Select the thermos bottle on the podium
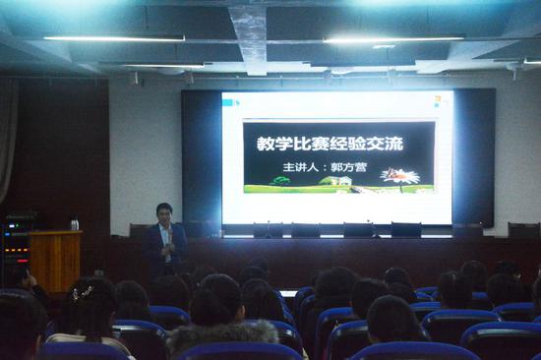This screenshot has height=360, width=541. [74, 224]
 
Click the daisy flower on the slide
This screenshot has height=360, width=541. [400, 177]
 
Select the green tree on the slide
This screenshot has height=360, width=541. [282, 181]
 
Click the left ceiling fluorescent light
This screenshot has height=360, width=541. [113, 38]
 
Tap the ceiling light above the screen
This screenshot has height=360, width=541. [393, 40]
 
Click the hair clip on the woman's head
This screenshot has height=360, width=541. [83, 291]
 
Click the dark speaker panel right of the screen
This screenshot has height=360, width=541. [474, 157]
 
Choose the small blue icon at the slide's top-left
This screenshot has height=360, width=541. [232, 101]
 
